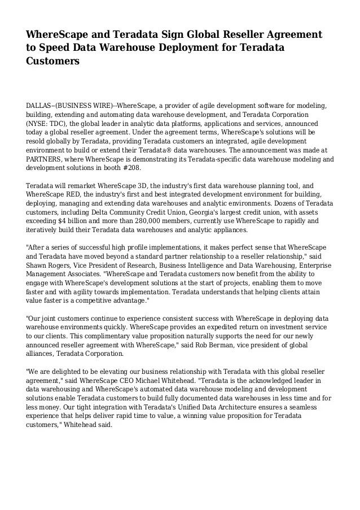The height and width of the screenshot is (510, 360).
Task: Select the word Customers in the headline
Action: (52, 60)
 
